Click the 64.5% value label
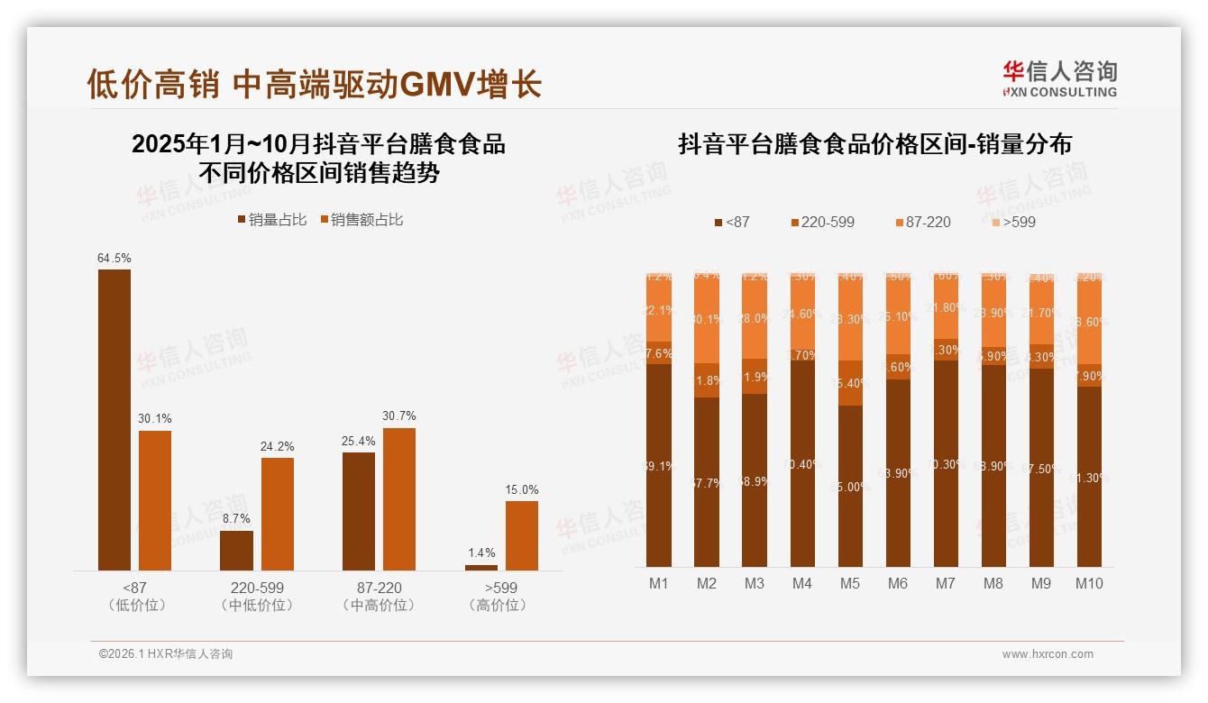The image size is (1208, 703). coord(114,259)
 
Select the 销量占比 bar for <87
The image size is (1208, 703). coord(114,419)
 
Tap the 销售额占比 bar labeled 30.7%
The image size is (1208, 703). coord(399,498)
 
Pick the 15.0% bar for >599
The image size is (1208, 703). coord(521,535)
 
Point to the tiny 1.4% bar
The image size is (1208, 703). coord(480,567)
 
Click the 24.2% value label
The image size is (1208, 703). coord(278,447)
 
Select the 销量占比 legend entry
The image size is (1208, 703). coord(272,220)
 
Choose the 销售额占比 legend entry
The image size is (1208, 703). coord(361,220)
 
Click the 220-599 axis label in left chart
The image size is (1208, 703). coord(257,588)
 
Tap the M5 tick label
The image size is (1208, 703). coord(850,583)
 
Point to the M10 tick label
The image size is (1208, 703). coord(1089,583)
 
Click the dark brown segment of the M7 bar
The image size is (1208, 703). coord(946,463)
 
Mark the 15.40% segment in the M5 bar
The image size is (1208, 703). coord(850,383)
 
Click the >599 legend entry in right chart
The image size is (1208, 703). coord(1012,222)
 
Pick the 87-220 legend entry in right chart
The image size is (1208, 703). coord(922,222)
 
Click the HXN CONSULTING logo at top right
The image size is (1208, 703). coord(1059,79)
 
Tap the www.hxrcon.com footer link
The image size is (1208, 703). coord(1048,654)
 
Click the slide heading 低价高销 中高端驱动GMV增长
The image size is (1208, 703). coord(314,85)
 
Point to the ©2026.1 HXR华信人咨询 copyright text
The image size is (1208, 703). coord(166,654)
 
